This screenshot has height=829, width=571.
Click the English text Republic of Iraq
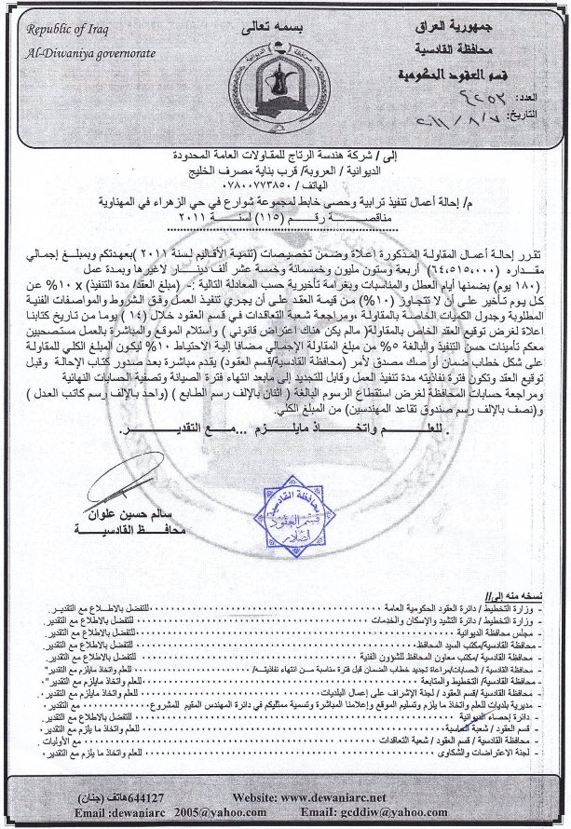pos(62,31)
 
